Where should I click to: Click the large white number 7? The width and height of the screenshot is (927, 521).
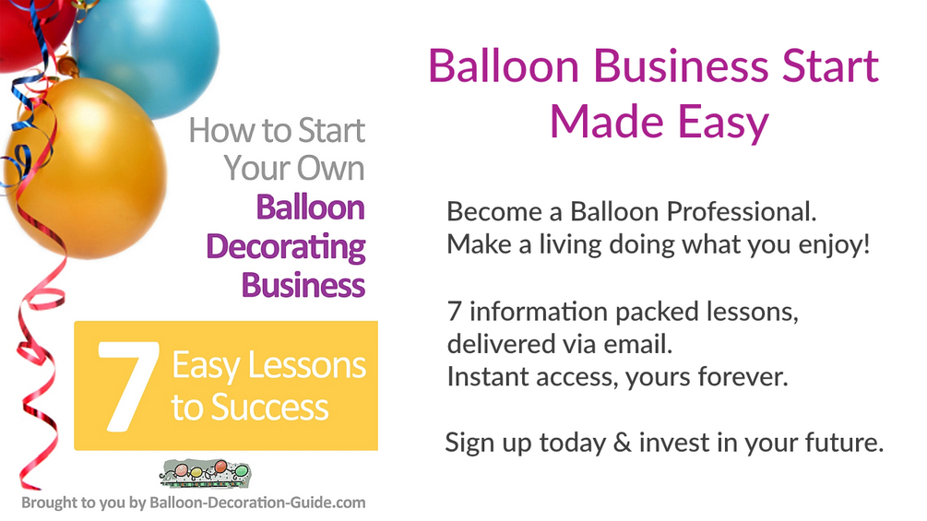pos(124,385)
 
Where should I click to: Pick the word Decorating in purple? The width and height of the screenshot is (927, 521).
pos(286,247)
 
